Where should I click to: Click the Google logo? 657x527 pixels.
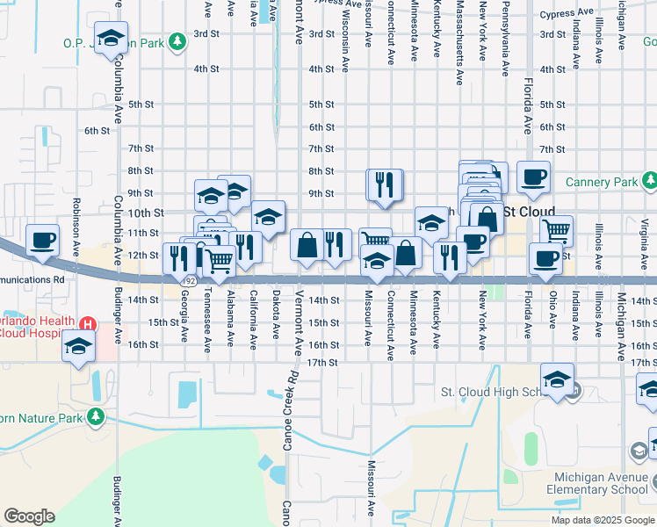point(29,516)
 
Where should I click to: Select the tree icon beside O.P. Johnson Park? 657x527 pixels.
point(177,41)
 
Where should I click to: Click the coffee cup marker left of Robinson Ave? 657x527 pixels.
point(42,239)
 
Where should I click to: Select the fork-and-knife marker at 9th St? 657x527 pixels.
point(385,184)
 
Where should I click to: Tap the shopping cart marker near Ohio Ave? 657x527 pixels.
point(556,231)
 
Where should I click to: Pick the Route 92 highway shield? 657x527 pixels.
point(190,279)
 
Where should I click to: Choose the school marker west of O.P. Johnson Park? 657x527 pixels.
point(111,38)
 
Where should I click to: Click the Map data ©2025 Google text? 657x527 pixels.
point(602,520)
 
